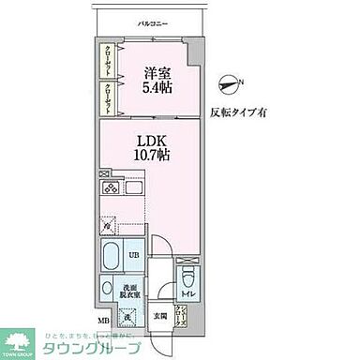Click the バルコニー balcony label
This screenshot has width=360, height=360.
coord(146,20)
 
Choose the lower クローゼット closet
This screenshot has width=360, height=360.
coord(108,97)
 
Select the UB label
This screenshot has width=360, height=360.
coord(132,254)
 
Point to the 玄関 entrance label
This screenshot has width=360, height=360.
coord(159,315)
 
